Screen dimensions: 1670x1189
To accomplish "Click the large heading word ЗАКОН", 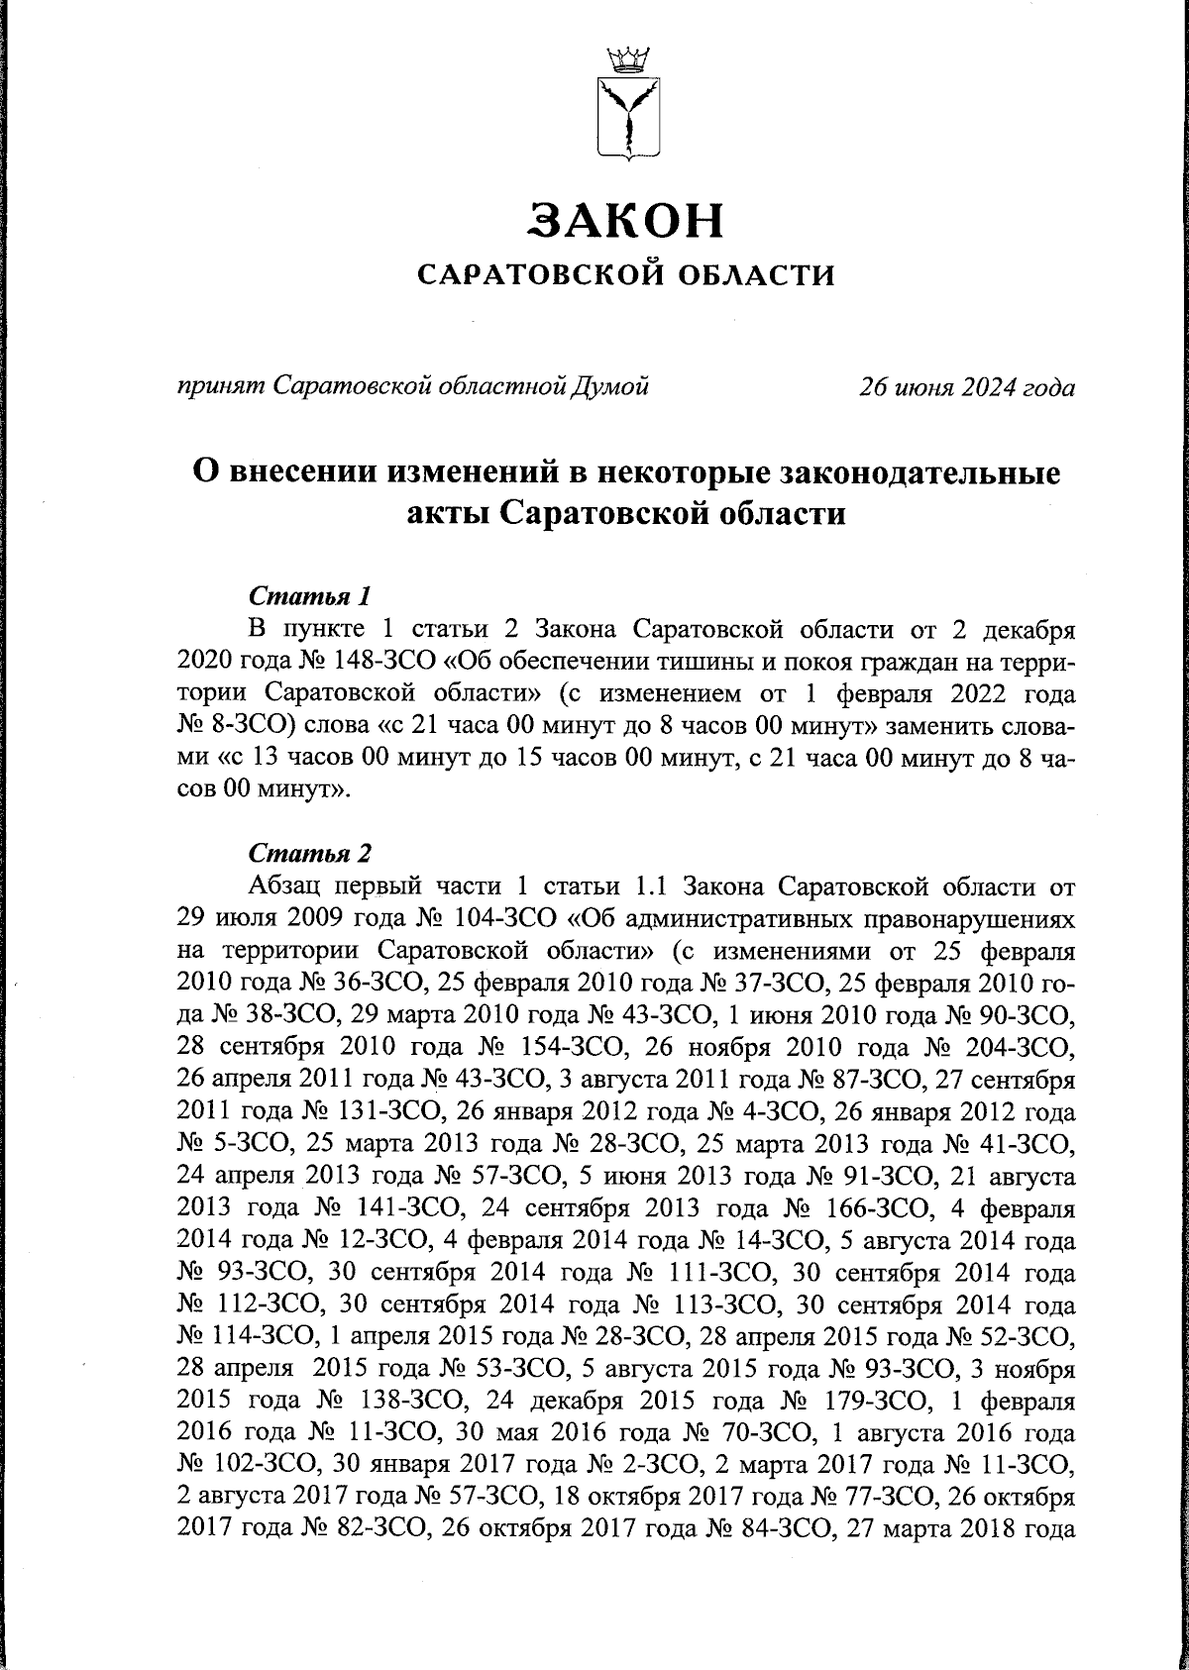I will click(625, 220).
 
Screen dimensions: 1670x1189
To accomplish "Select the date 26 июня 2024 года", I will click(966, 387).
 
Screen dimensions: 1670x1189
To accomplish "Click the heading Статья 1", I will click(310, 597).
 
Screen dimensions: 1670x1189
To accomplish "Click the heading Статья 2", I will click(310, 852).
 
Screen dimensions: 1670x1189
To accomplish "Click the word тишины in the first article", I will click(640, 660).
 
